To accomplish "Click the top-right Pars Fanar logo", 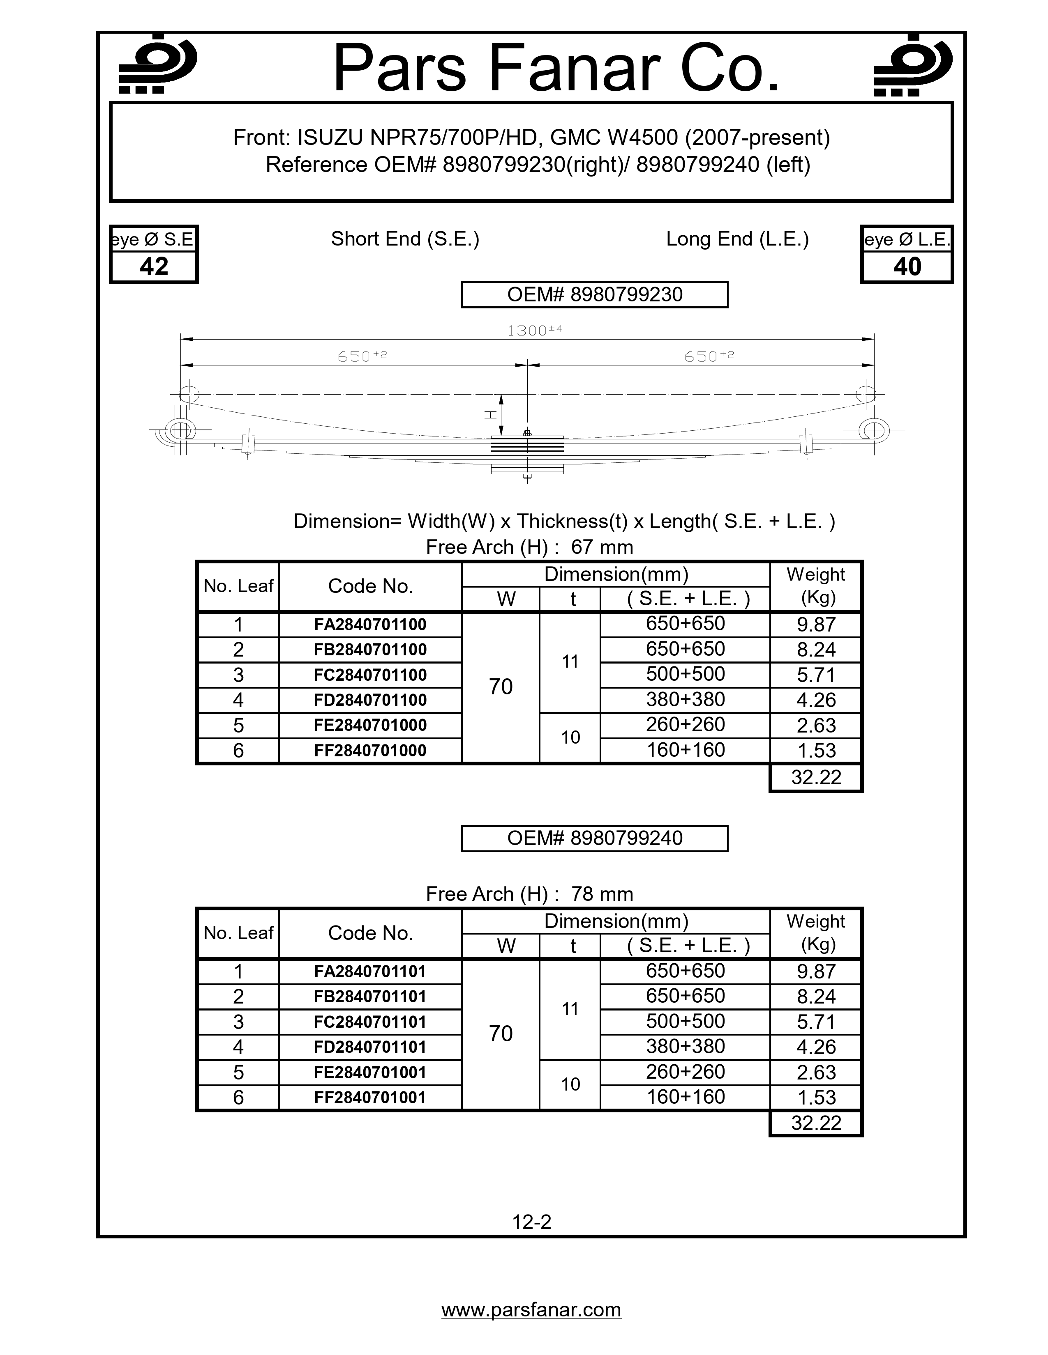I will click(913, 64).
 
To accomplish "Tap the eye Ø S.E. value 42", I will click(154, 267).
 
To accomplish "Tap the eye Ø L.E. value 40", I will click(907, 267).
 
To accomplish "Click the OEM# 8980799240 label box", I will click(594, 838).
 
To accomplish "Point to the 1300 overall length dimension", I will click(534, 330).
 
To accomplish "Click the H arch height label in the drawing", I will click(490, 414).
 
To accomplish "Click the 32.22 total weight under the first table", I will click(816, 777).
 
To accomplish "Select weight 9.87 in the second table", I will click(816, 971).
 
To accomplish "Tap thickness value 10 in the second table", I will click(570, 1084).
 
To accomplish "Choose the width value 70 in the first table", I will click(501, 687).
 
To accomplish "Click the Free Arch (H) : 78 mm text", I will click(529, 894).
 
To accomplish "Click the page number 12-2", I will click(531, 1222).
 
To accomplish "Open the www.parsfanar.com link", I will click(531, 1310).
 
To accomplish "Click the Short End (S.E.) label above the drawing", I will click(405, 239).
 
